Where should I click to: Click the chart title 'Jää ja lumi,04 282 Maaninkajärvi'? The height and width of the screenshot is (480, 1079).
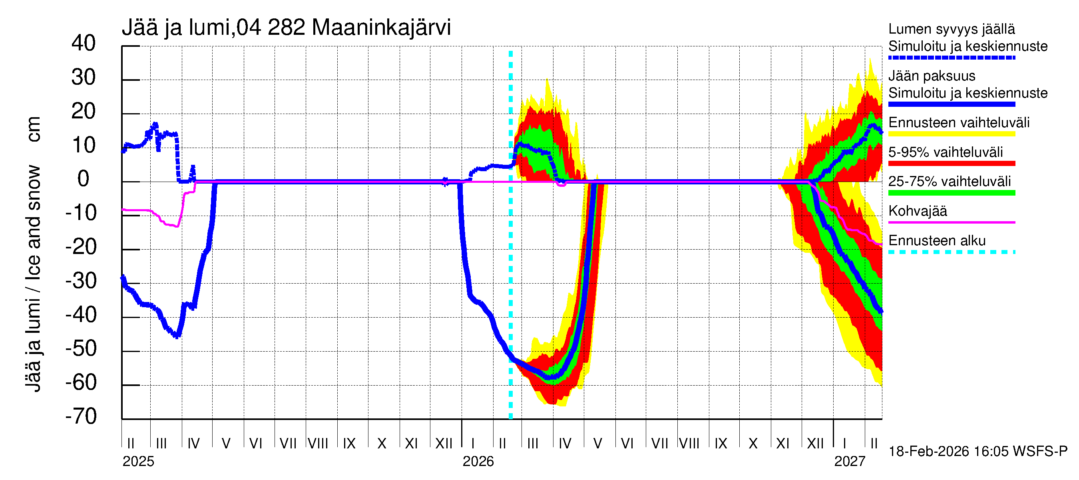click(x=286, y=28)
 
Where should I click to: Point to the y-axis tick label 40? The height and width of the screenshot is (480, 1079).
click(x=84, y=43)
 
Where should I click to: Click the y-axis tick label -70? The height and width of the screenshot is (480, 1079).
click(x=81, y=416)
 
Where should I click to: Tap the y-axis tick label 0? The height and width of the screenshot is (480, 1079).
click(x=84, y=179)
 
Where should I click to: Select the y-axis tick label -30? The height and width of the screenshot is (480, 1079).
click(x=81, y=280)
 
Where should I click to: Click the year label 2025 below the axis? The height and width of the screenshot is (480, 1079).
click(x=138, y=462)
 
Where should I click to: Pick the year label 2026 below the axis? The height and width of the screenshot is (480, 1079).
click(x=478, y=462)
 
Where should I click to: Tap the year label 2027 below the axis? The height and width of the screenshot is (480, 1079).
click(x=850, y=462)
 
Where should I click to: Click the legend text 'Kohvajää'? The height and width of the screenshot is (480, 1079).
click(x=917, y=211)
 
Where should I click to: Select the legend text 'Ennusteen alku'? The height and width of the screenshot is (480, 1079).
click(x=937, y=241)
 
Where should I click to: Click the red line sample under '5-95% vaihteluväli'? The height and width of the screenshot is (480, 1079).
click(x=951, y=164)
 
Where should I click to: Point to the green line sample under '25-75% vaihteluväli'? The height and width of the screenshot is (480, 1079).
click(x=951, y=193)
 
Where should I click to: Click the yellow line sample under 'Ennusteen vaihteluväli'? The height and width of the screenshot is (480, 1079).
click(x=951, y=134)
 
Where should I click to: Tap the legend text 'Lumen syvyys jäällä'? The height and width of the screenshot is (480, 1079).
click(x=951, y=29)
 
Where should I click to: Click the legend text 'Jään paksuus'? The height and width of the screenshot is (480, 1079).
click(x=932, y=76)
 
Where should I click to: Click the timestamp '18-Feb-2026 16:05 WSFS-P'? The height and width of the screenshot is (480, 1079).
click(x=977, y=452)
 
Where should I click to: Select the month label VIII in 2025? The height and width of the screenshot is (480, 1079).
click(x=318, y=444)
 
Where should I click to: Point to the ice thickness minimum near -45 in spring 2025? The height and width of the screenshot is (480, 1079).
click(x=177, y=335)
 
